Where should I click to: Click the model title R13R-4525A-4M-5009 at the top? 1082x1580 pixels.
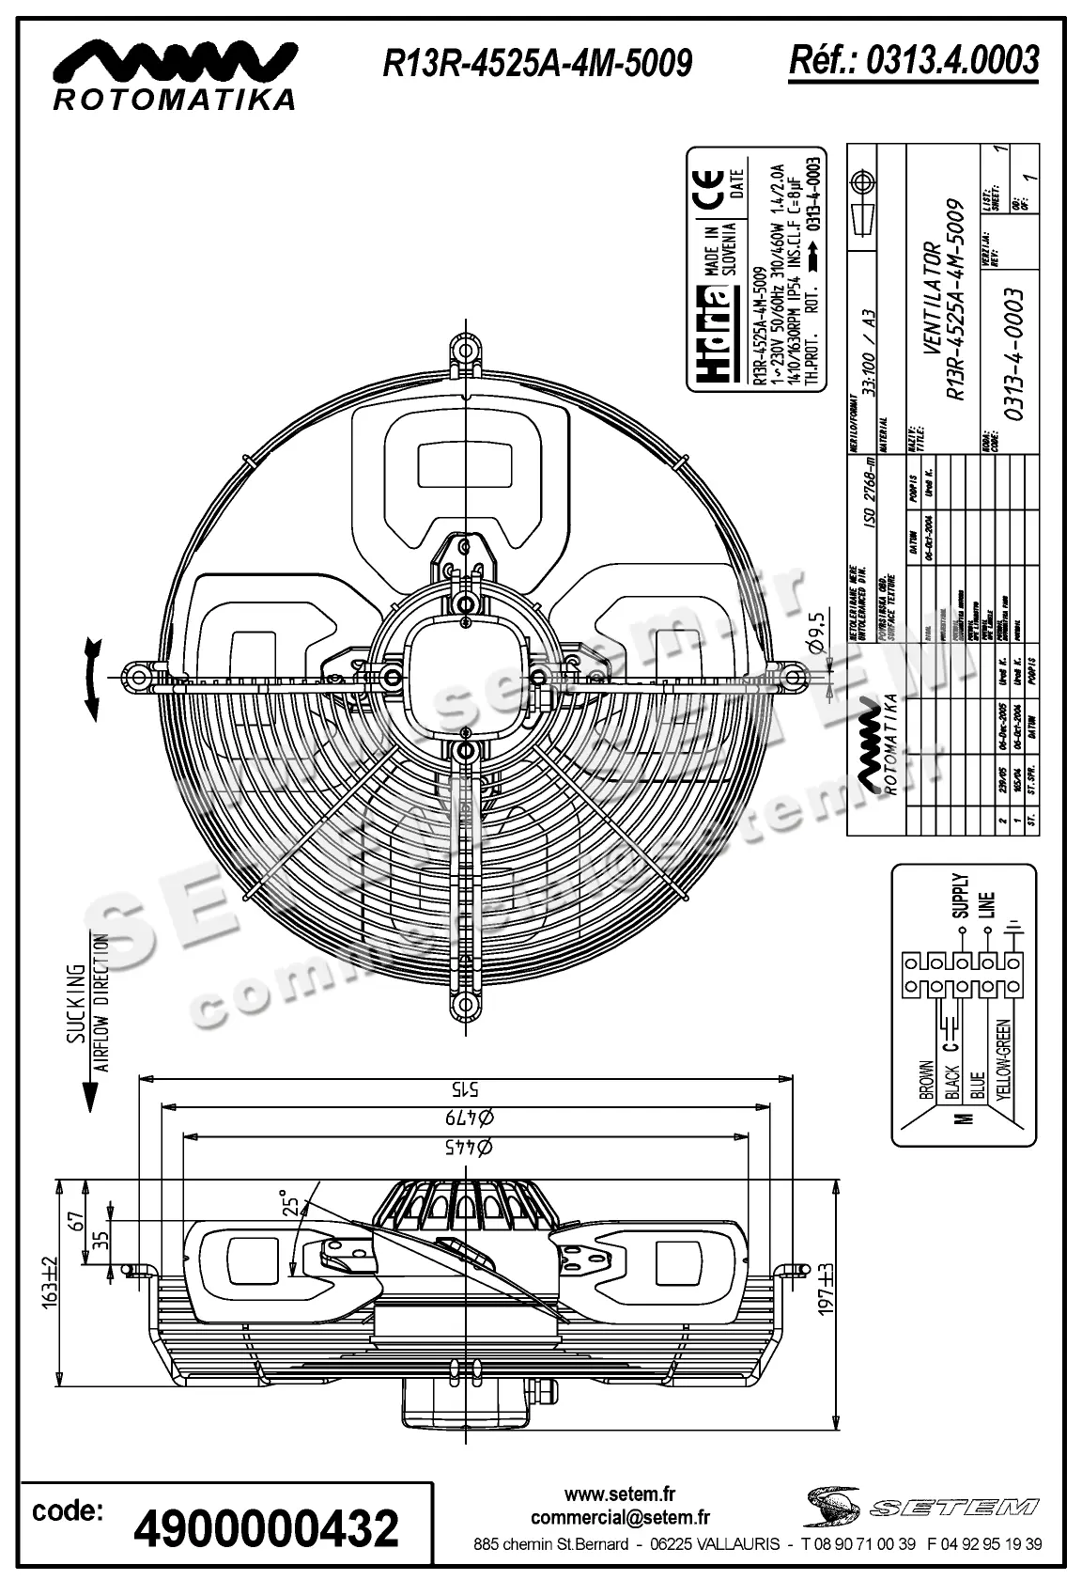click(537, 62)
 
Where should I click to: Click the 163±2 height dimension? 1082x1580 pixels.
click(50, 1280)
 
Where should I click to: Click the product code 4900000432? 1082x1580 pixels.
click(267, 1528)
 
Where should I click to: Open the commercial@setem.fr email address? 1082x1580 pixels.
click(620, 1517)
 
